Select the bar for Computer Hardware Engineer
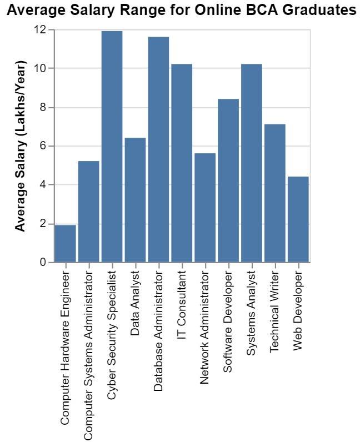pyautogui.click(x=65, y=244)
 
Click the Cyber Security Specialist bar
pyautogui.click(x=112, y=147)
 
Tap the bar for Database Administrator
pyautogui.click(x=158, y=149)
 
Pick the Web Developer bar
pyautogui.click(x=298, y=219)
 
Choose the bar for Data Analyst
pyautogui.click(x=135, y=200)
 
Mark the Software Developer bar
pyautogui.click(x=228, y=180)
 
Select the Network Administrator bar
pyautogui.click(x=205, y=208)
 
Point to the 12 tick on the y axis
pyautogui.click(x=39, y=30)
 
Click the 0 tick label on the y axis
pyautogui.click(x=43, y=263)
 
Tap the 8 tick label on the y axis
pyautogui.click(x=43, y=108)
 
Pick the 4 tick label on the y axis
pyautogui.click(x=43, y=185)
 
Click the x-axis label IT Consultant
pyautogui.click(x=182, y=303)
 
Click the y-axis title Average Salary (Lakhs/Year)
pyautogui.click(x=21, y=147)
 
